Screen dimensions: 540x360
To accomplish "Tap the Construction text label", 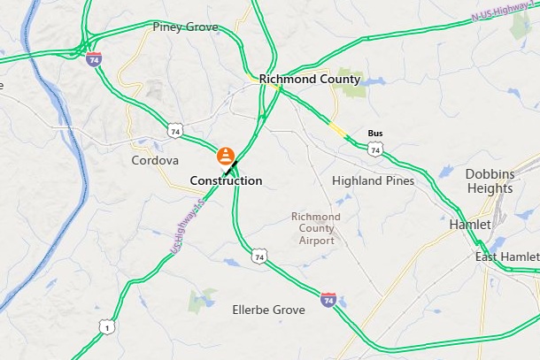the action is pyautogui.click(x=227, y=180).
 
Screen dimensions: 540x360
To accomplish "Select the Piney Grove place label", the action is pyautogui.click(x=185, y=27).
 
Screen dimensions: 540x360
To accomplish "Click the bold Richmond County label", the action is pyautogui.click(x=310, y=79).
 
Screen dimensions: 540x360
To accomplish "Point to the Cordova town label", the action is pyautogui.click(x=155, y=161).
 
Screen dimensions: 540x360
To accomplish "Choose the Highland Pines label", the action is pyautogui.click(x=373, y=180).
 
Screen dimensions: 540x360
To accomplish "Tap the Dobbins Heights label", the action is pyautogui.click(x=489, y=181).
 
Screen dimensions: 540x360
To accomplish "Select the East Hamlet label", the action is pyautogui.click(x=506, y=257).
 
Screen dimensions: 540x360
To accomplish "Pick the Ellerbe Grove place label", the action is pyautogui.click(x=267, y=310).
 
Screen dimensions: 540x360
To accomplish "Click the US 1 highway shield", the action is pyautogui.click(x=105, y=327).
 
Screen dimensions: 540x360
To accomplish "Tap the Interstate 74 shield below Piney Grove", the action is pyautogui.click(x=93, y=59).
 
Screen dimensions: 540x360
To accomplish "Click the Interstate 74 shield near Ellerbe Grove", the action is pyautogui.click(x=328, y=301).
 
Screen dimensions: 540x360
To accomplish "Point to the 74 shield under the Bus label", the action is pyautogui.click(x=375, y=150).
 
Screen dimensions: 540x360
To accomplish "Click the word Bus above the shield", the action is pyautogui.click(x=375, y=134).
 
